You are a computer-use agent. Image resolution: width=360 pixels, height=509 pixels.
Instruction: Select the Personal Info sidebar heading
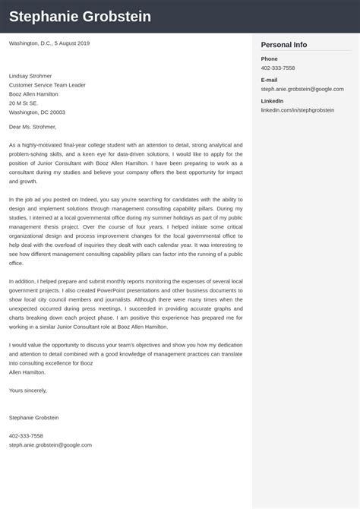tap(283, 45)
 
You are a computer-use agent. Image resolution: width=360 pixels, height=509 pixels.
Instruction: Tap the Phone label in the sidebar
tap(269, 58)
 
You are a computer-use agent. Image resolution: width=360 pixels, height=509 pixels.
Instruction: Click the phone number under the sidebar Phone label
tap(278, 68)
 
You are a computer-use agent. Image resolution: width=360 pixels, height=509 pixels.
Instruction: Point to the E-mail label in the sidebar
tap(269, 80)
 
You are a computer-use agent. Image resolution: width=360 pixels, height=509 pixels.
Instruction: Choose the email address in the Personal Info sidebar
tap(302, 89)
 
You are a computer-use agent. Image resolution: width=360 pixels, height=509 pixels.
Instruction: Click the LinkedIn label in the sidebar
tap(272, 101)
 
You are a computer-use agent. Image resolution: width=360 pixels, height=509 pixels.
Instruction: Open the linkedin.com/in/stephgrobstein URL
tap(297, 110)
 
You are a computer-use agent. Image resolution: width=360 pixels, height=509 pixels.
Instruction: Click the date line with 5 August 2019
tap(49, 43)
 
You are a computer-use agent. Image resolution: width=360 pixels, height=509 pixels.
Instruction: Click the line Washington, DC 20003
tap(36, 112)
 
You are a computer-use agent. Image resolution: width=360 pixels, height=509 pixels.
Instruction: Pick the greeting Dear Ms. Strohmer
tap(32, 127)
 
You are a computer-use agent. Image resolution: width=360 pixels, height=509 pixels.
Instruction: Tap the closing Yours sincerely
tap(27, 390)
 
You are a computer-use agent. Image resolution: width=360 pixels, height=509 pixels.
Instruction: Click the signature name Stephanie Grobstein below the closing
tap(33, 418)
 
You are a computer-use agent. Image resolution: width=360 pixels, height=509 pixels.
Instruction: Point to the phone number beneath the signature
tap(26, 436)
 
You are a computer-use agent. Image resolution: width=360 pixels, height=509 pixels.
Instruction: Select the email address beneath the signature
tap(50, 445)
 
